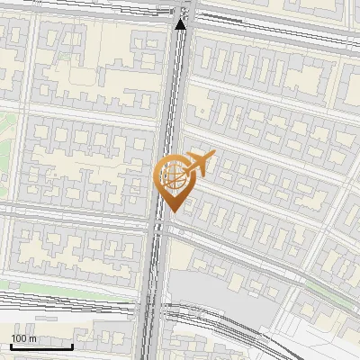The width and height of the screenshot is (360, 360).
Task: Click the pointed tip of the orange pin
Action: pos(171,213)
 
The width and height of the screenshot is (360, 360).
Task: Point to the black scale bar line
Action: pos(40,346)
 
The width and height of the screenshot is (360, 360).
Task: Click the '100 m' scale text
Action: pos(24,337)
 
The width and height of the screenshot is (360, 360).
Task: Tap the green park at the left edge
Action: pos(7,139)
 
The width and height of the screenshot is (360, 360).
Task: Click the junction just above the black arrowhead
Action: pos(184,9)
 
